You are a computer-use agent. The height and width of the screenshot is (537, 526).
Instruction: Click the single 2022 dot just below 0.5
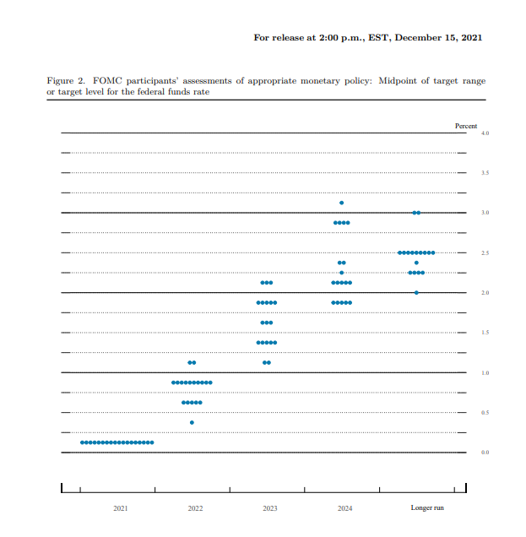pyautogui.click(x=192, y=422)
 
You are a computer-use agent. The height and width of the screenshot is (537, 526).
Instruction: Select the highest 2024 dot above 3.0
pyautogui.click(x=341, y=203)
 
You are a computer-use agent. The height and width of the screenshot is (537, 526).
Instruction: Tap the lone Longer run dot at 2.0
pyautogui.click(x=416, y=292)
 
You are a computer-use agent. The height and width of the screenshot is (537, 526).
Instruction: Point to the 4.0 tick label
pyautogui.click(x=485, y=133)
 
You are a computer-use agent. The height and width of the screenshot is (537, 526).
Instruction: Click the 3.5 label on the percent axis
pyautogui.click(x=485, y=173)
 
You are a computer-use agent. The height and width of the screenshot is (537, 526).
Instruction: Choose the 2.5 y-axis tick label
pyautogui.click(x=485, y=253)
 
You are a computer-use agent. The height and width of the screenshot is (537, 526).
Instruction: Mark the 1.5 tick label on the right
pyautogui.click(x=485, y=333)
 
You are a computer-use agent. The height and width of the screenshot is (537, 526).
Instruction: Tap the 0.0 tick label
pyautogui.click(x=485, y=453)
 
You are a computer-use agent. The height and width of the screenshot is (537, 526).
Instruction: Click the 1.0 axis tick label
pyautogui.click(x=485, y=372)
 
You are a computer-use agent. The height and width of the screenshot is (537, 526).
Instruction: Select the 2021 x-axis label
pyautogui.click(x=121, y=508)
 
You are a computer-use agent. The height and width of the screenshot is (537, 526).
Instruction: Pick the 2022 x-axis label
pyautogui.click(x=195, y=508)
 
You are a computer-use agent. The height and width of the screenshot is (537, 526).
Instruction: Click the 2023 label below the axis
pyautogui.click(x=269, y=508)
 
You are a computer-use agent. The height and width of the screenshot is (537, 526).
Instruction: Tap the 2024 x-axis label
pyautogui.click(x=344, y=508)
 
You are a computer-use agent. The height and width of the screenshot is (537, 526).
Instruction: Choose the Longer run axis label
pyautogui.click(x=426, y=508)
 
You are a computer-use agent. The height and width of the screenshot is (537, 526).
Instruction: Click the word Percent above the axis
pyautogui.click(x=466, y=126)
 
